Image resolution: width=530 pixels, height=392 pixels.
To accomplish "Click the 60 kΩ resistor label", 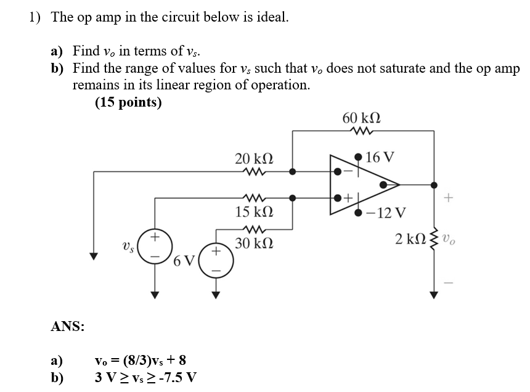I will [361, 118].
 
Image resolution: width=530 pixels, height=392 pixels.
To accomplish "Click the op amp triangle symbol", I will [361, 184].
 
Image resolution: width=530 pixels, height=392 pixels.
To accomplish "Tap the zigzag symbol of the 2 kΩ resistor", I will [436, 237].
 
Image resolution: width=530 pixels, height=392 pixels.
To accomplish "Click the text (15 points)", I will [128, 102].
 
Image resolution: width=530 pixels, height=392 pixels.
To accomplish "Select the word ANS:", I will [67, 326].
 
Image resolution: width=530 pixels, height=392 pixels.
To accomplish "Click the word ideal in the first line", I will [270, 17].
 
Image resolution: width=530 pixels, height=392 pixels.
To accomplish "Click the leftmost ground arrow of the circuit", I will [94, 256].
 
